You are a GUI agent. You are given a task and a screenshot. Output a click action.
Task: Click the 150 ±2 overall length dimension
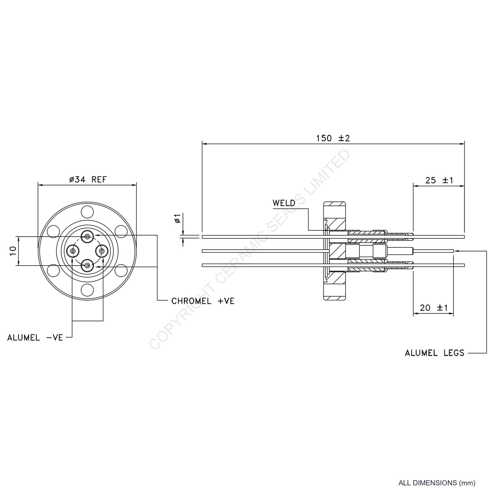(333, 138)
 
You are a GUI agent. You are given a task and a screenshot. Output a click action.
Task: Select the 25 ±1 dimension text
(439, 180)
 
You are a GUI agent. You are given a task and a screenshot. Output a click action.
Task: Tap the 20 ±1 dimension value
(434, 308)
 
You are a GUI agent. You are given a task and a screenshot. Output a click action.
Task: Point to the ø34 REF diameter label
(88, 179)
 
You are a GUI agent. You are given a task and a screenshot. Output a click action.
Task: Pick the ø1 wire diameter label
(177, 218)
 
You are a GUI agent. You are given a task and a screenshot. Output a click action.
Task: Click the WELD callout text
(284, 203)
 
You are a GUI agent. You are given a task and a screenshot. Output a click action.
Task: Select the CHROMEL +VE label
(203, 301)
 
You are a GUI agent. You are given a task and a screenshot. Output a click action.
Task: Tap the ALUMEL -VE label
(35, 338)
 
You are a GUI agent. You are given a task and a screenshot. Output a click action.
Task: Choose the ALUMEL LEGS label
(434, 353)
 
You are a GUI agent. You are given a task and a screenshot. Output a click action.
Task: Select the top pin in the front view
(88, 236)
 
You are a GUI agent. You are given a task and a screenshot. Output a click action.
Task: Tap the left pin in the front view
(73, 251)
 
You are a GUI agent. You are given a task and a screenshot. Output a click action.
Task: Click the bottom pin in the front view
(88, 265)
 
